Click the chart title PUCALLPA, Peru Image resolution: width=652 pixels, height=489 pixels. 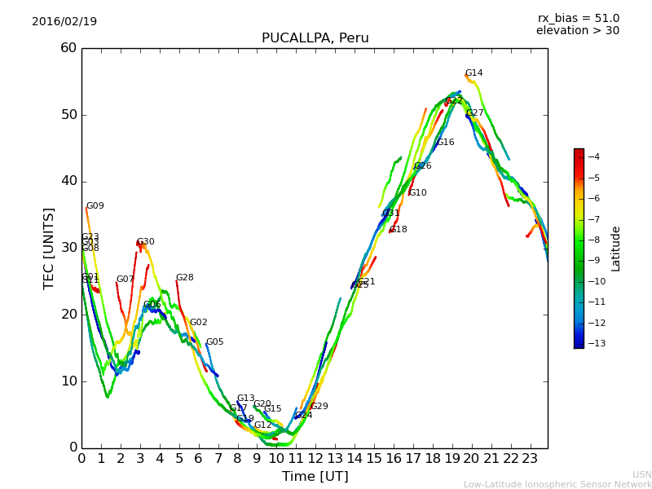click(x=315, y=38)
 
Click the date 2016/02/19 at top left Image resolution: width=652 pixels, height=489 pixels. click(x=64, y=22)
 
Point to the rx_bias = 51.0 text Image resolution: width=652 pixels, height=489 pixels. click(x=578, y=19)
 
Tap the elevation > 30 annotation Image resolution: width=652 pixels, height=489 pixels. click(x=577, y=31)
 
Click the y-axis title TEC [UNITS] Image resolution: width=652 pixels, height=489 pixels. click(x=49, y=248)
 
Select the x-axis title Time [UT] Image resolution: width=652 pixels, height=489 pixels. click(x=315, y=477)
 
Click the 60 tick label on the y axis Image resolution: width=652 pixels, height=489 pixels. click(x=68, y=48)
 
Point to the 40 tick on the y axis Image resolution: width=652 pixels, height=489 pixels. click(x=68, y=181)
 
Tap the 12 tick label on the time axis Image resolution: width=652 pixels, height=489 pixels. click(x=315, y=458)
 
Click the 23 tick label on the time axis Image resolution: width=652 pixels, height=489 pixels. click(x=530, y=458)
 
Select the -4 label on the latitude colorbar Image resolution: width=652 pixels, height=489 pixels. click(x=593, y=156)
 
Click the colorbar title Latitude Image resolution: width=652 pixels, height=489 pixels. click(x=616, y=248)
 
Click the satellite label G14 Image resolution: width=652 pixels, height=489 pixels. click(x=474, y=73)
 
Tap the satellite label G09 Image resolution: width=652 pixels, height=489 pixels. click(x=95, y=206)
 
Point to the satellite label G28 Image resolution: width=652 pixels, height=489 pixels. click(x=185, y=278)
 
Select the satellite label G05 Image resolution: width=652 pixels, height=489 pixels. click(x=214, y=342)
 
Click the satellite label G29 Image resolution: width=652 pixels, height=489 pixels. click(x=319, y=407)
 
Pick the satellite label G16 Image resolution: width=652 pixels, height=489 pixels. click(x=446, y=143)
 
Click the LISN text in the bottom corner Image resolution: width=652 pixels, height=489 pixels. click(x=641, y=474)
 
